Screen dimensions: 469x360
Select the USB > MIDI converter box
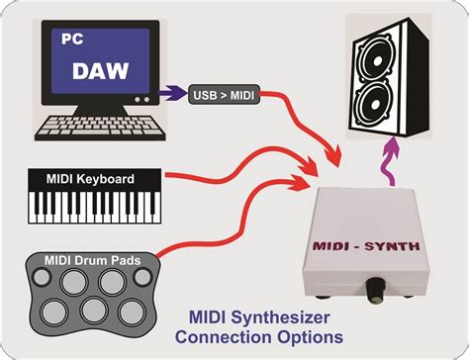pos(223,95)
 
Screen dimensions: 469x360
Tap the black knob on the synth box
pos(376,291)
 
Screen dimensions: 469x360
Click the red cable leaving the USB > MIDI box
pos(287,109)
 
